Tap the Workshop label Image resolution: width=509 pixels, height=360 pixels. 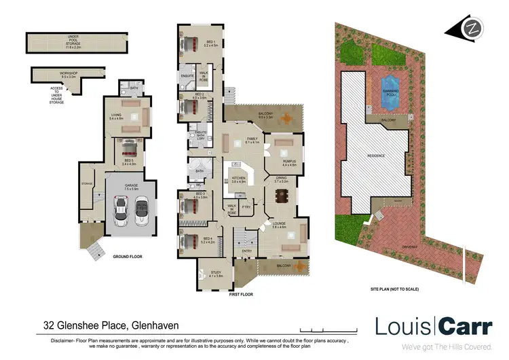coord(69,74)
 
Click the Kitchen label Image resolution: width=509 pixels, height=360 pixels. coord(238,179)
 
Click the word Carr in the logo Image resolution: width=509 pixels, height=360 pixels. coord(465,326)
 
